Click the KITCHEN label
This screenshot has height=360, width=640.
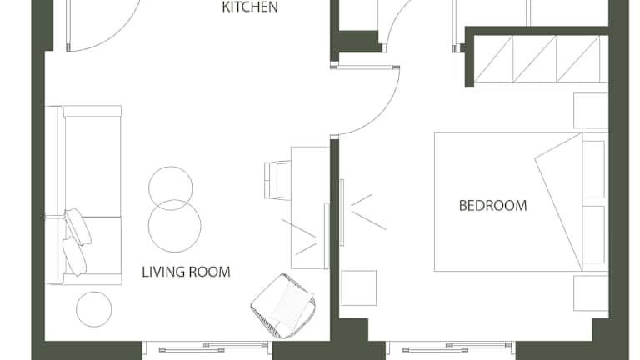(x=250, y=7)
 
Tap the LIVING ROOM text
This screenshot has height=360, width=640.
(x=186, y=272)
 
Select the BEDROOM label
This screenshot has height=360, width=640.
(x=493, y=205)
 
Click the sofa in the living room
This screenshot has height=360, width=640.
(x=83, y=195)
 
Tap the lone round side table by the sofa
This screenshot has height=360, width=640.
(x=94, y=309)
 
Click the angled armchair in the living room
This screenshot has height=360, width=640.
(x=282, y=305)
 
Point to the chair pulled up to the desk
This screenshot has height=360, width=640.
(x=277, y=180)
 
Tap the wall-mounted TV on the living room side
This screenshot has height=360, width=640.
(x=326, y=236)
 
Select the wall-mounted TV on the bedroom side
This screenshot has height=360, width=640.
(x=342, y=212)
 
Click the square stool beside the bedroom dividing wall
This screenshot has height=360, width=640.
(x=359, y=287)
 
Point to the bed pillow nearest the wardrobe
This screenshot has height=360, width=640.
(x=593, y=169)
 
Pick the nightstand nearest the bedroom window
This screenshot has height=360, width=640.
(x=591, y=293)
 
